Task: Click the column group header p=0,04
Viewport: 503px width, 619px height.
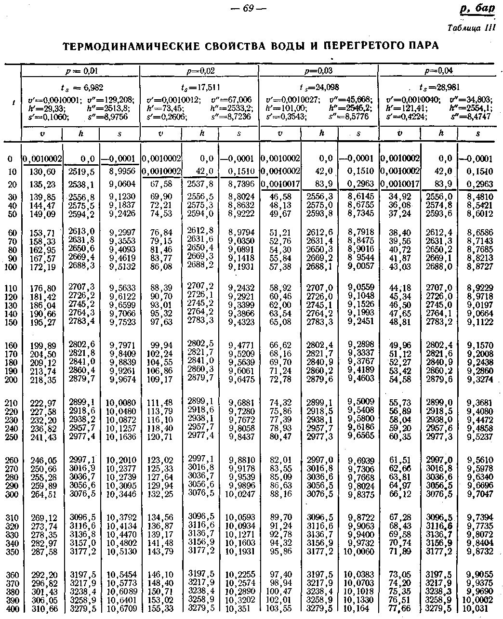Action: point(440,71)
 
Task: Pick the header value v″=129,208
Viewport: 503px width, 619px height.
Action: point(111,100)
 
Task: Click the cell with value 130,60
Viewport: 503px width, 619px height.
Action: point(43,172)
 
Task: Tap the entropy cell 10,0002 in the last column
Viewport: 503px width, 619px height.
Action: point(477,600)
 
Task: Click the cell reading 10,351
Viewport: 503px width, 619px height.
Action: point(237,609)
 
